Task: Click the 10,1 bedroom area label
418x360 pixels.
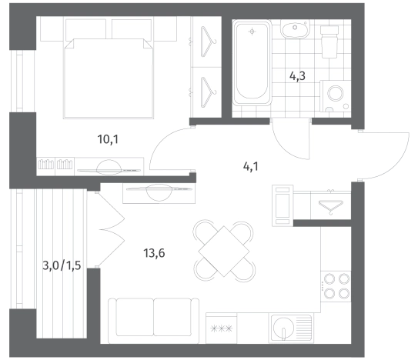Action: [108, 139]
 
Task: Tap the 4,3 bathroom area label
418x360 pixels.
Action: [297, 76]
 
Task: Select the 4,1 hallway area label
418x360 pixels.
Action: [251, 167]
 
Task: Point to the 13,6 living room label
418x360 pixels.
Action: [154, 253]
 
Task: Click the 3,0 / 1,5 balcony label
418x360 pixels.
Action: [62, 265]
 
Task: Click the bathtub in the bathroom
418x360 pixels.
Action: [252, 62]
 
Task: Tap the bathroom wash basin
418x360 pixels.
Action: [295, 29]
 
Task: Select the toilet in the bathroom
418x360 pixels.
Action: [329, 42]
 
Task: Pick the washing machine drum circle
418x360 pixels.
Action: [336, 93]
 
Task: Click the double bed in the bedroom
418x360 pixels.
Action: [109, 78]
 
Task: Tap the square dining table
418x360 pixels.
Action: [224, 252]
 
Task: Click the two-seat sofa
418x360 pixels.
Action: [153, 321]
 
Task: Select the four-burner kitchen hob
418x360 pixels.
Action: [336, 286]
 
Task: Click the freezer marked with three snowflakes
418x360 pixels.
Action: [221, 328]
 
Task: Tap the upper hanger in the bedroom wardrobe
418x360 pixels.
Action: [208, 42]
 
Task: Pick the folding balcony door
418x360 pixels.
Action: [111, 229]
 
